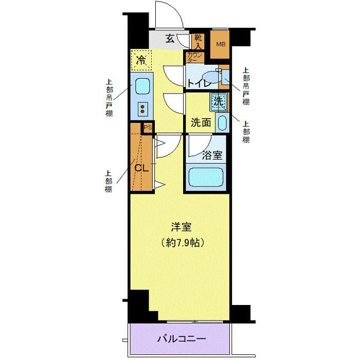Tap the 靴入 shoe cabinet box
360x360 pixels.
(x=198, y=41)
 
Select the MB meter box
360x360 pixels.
(x=220, y=44)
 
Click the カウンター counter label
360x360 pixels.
(x=194, y=57)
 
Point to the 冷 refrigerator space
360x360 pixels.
(x=140, y=61)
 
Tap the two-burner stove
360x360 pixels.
(x=142, y=108)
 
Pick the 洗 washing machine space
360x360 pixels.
(x=218, y=101)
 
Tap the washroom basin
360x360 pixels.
(x=222, y=123)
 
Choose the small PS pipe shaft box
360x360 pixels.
(x=148, y=128)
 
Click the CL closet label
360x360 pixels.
(x=141, y=167)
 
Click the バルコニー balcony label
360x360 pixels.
(x=181, y=339)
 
